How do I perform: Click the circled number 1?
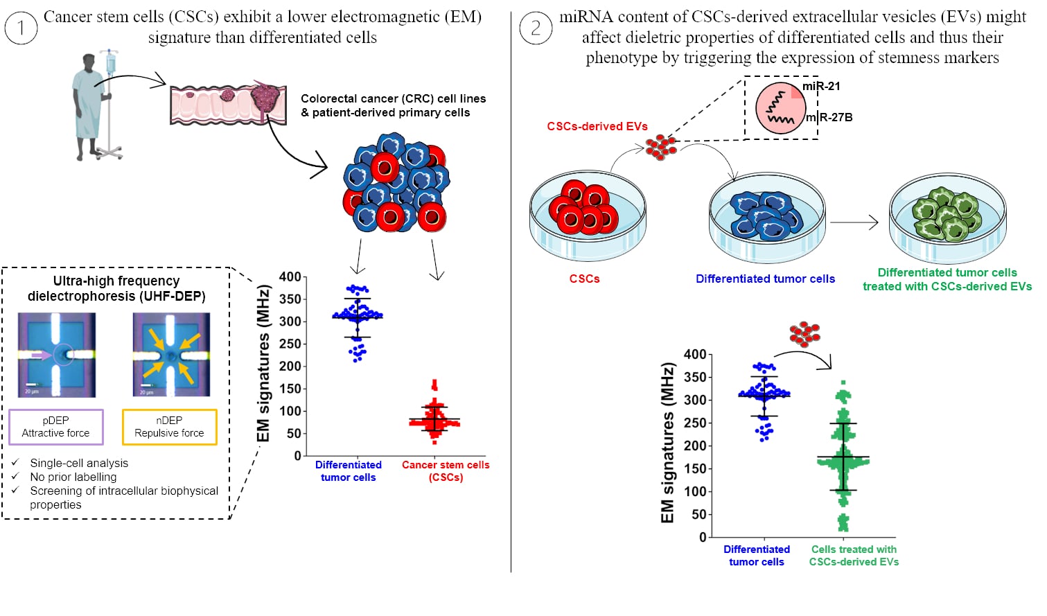pos(21,28)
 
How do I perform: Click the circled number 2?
pos(536,28)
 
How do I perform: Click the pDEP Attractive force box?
pos(56,427)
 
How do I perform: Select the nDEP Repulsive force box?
pos(169,427)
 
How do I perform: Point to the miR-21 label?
pos(822,87)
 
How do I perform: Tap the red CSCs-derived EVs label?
pos(597,126)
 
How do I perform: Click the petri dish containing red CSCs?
pos(588,215)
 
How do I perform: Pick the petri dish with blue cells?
pos(767,216)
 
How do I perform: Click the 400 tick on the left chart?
pos(290,277)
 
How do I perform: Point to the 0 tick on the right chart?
pos(703,537)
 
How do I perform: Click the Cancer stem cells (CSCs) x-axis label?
pos(446,471)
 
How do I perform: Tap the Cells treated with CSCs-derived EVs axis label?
pos(854,556)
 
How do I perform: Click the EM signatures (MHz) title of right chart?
pos(667,443)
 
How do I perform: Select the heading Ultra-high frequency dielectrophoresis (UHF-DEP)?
pos(116,288)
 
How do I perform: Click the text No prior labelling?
pos(73,477)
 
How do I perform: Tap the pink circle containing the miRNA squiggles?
pos(780,108)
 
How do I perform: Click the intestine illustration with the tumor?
pos(229,104)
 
